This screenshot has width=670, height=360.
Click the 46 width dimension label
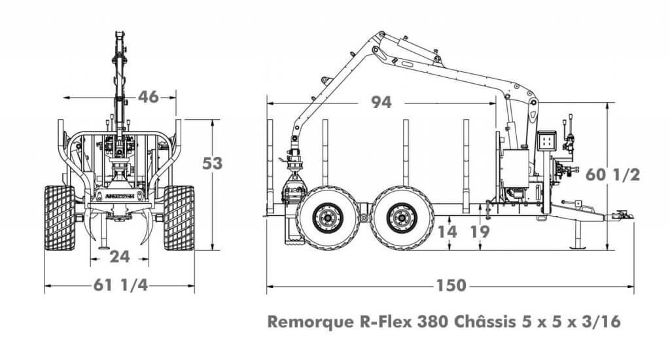149,97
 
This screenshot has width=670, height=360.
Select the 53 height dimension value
213,164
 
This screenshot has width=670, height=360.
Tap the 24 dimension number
120,257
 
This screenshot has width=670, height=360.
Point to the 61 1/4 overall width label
121,285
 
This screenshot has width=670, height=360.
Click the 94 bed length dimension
381,102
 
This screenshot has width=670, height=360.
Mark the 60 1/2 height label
612,175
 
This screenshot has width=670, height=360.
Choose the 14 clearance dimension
448,232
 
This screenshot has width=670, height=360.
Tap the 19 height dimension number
480,232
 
